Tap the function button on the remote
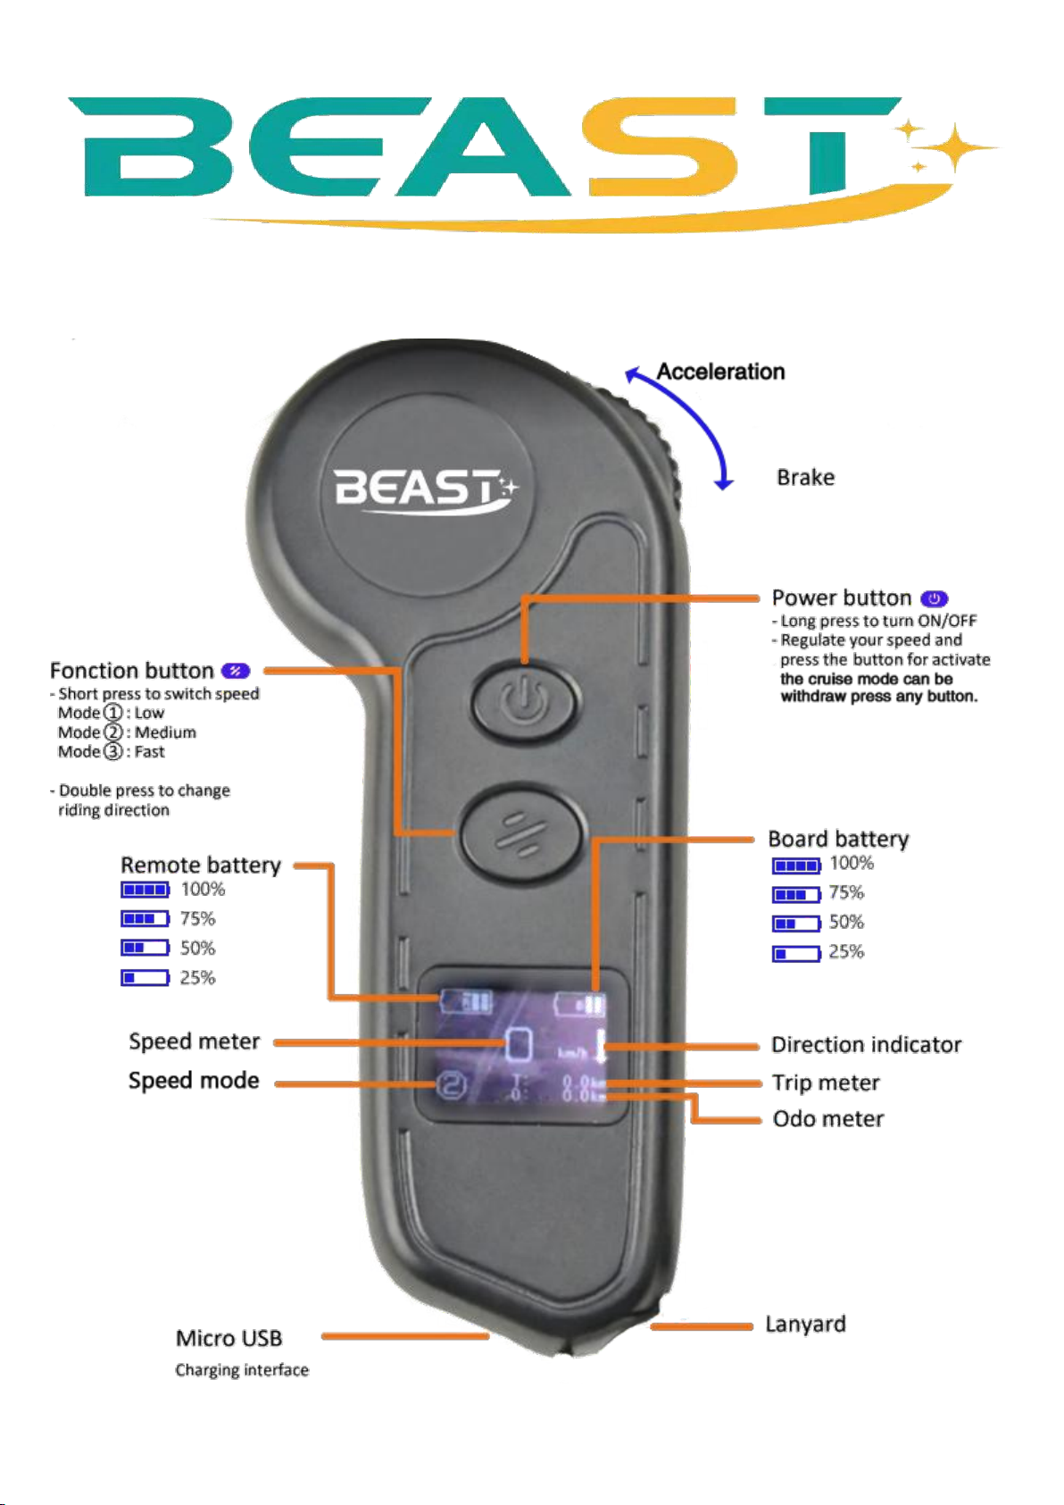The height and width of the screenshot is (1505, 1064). [520, 834]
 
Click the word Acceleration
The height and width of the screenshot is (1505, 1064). [720, 372]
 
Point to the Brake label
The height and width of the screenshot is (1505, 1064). [805, 478]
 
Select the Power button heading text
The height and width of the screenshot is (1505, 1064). [841, 598]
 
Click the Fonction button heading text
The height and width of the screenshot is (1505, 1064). [131, 671]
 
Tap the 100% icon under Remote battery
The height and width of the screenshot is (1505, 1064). [145, 890]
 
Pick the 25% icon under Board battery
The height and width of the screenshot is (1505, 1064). [796, 953]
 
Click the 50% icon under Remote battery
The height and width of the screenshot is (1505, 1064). [145, 948]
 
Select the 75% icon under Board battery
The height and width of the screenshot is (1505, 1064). [796, 894]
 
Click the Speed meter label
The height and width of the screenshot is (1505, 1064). [194, 1041]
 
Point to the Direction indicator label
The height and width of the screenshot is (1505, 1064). [866, 1045]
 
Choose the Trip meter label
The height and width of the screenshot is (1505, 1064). [826, 1083]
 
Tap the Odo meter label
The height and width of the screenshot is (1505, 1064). [827, 1118]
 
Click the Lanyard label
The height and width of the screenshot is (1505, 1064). [805, 1325]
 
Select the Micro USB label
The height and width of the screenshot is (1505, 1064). [229, 1338]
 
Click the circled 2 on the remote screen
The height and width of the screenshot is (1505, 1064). [451, 1085]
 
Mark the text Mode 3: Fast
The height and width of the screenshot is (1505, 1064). [111, 752]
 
